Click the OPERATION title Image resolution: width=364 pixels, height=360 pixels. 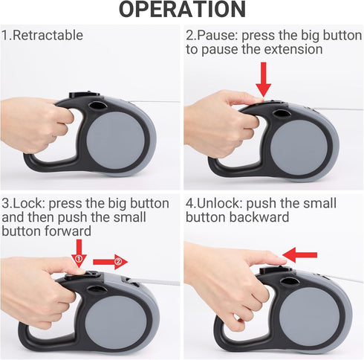[x=182, y=10]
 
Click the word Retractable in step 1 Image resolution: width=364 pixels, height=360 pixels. [x=48, y=35]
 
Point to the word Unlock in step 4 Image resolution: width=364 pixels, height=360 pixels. [x=218, y=203]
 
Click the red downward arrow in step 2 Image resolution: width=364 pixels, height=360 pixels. [x=264, y=80]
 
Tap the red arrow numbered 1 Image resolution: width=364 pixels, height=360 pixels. [x=79, y=254]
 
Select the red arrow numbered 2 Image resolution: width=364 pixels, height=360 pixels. [x=111, y=262]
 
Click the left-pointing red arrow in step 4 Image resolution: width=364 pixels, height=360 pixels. [x=299, y=255]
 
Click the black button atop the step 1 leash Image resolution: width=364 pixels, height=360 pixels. [x=84, y=95]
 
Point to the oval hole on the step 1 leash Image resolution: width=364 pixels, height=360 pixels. [x=98, y=106]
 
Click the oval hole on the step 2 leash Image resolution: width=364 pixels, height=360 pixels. [x=282, y=114]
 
